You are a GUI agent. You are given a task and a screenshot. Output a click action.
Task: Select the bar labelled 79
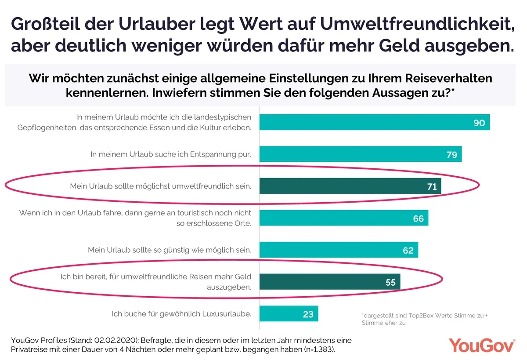click(x=360, y=154)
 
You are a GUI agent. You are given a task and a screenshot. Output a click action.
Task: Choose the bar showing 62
click(x=339, y=250)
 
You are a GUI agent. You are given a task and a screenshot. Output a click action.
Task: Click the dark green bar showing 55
click(x=330, y=282)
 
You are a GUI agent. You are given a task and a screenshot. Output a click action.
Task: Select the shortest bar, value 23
click(x=289, y=314)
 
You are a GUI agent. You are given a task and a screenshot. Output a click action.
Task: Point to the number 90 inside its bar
click(x=479, y=123)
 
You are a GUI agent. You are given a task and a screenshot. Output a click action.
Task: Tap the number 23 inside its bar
click(x=308, y=314)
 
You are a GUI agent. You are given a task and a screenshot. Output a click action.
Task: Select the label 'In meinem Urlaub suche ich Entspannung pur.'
click(x=171, y=154)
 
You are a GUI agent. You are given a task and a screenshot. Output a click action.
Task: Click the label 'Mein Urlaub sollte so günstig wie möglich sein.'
click(x=170, y=250)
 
